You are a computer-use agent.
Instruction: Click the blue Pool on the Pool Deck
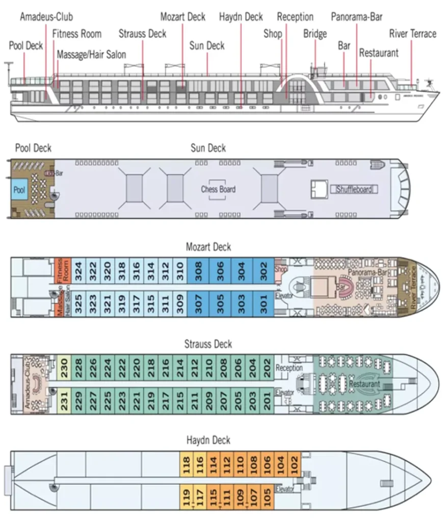tap(19, 190)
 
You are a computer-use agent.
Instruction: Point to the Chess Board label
tap(218, 189)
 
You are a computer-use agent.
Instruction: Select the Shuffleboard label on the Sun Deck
tap(354, 190)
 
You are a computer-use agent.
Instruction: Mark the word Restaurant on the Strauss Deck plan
tap(365, 383)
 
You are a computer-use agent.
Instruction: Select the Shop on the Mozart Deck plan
tap(281, 269)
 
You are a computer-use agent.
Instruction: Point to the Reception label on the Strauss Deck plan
tap(289, 368)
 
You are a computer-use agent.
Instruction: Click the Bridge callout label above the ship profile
tap(315, 34)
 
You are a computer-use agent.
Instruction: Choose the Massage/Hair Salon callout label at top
tap(91, 54)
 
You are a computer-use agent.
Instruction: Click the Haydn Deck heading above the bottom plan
tap(208, 440)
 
